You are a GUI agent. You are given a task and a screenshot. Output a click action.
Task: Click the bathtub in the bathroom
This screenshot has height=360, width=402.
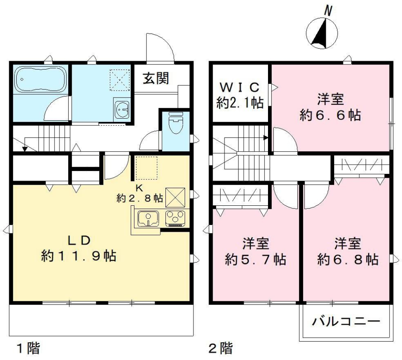41,79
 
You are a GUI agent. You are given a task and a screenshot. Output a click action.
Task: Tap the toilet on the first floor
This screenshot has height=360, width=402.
175,123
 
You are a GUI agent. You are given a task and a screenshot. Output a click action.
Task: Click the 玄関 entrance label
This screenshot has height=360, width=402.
155,78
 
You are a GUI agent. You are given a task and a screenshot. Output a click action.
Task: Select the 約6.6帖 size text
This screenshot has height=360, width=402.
330,115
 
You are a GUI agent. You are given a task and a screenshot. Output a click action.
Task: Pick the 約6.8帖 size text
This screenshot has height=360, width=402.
348,260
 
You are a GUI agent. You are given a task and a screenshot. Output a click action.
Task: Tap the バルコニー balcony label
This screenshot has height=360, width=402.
346,321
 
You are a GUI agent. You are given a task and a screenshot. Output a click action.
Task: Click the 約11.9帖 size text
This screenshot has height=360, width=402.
79,256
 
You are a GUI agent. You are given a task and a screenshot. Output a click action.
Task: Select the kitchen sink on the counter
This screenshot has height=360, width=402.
147,218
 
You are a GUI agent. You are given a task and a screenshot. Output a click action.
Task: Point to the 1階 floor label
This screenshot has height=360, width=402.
28,347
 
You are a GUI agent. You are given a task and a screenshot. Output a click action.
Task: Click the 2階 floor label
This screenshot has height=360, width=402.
221,347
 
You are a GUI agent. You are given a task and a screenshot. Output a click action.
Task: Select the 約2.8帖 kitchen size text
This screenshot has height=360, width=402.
140,198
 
